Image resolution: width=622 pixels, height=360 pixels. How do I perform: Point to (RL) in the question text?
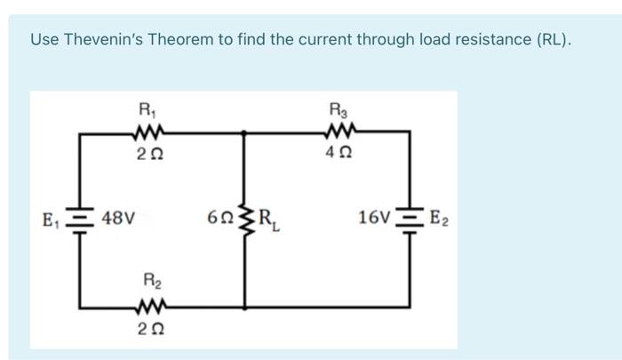tap(551, 40)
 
